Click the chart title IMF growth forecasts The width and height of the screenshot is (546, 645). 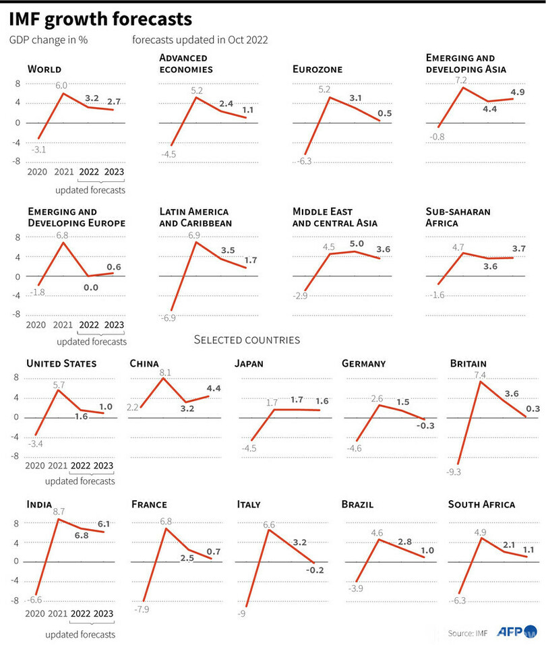tap(100, 18)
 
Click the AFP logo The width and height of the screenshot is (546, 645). tap(510, 632)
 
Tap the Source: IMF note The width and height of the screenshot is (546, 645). tap(468, 633)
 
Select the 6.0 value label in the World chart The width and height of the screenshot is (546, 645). tap(61, 86)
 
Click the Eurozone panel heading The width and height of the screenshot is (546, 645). tap(317, 69)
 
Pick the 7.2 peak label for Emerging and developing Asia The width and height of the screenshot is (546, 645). tap(461, 80)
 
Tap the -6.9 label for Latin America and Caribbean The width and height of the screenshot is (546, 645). tap(169, 317)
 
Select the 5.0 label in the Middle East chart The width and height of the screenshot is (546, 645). tap(357, 244)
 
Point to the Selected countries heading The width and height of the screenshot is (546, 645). tap(247, 340)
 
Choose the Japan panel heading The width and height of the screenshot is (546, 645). tap(249, 363)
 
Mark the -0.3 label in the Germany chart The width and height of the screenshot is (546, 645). tap(426, 425)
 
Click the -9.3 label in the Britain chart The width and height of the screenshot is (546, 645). tap(453, 472)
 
